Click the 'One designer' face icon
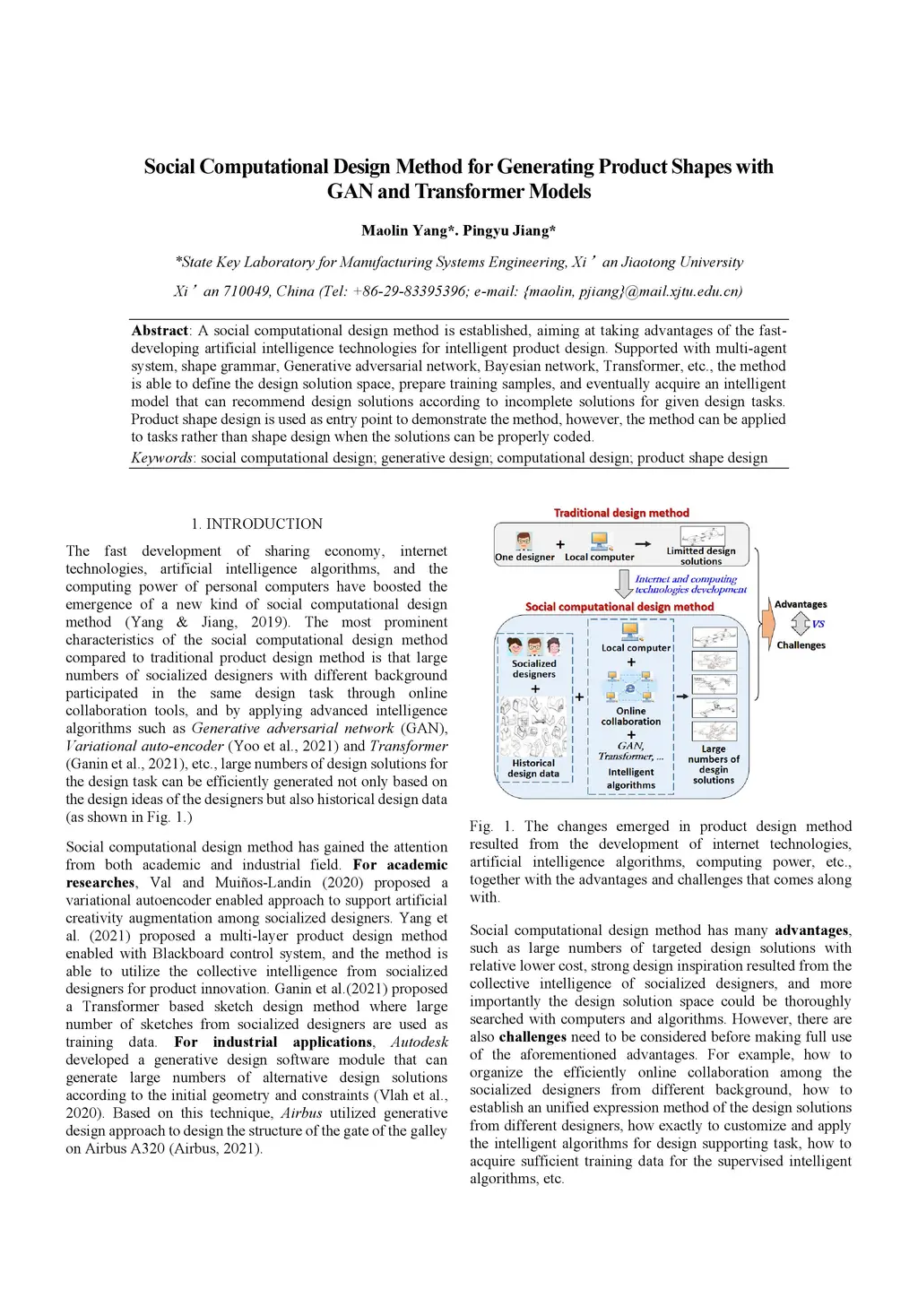pos(524,541)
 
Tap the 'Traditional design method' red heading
pos(621,513)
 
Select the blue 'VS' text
pos(818,624)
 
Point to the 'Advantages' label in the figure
pos(801,604)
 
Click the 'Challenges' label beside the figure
pos(801,645)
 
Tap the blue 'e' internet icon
pos(630,688)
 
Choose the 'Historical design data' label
pos(533,768)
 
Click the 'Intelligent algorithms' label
pos(631,778)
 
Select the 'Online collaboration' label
pos(631,716)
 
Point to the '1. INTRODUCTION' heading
pos(256,524)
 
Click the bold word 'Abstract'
pos(160,331)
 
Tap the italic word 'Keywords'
pos(161,458)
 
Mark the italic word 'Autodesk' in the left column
pos(419,1042)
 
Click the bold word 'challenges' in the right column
pos(533,1036)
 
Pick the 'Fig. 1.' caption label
pos(492,826)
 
